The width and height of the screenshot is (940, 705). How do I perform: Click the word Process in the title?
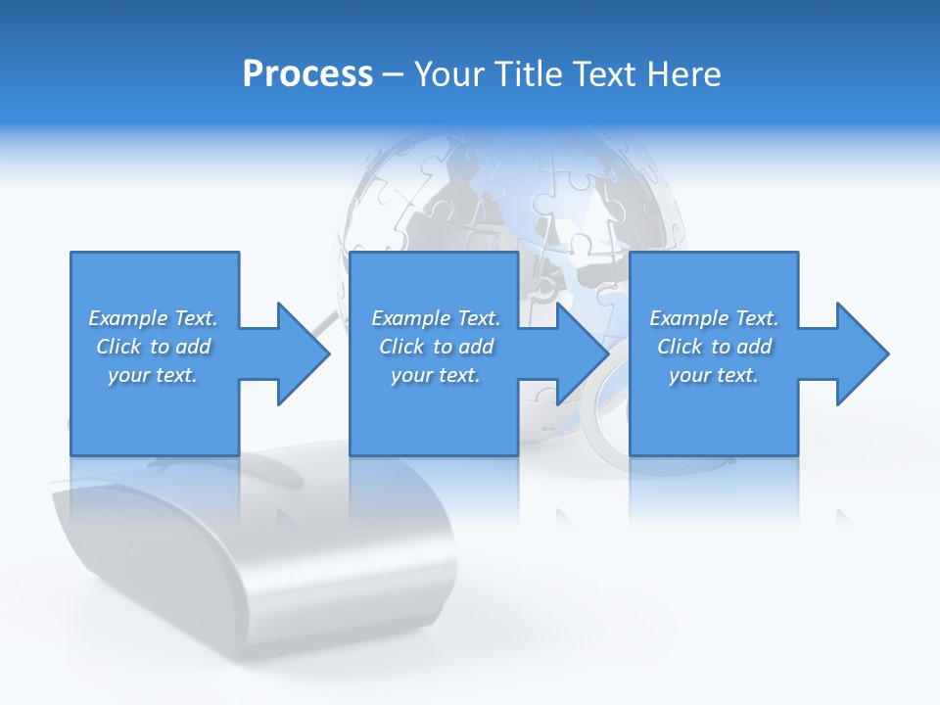pyautogui.click(x=307, y=74)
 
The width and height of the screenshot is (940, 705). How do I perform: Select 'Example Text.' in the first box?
pyautogui.click(x=153, y=318)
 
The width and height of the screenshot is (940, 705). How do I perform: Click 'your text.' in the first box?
pyautogui.click(x=153, y=375)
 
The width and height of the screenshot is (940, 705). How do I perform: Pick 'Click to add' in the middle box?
pyautogui.click(x=436, y=347)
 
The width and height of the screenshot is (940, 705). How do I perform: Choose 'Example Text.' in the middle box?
pyautogui.click(x=436, y=318)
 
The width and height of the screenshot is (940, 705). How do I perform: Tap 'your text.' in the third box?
pyautogui.click(x=714, y=375)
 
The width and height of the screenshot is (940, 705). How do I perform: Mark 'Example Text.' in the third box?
pyautogui.click(x=714, y=318)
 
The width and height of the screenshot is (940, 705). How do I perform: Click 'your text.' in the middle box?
pyautogui.click(x=436, y=375)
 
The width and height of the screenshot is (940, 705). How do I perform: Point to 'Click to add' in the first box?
pyautogui.click(x=153, y=347)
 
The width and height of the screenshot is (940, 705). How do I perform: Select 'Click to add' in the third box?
pyautogui.click(x=714, y=347)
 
